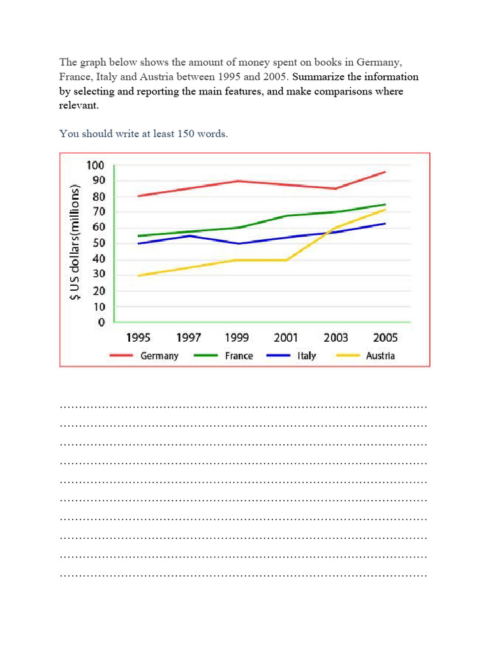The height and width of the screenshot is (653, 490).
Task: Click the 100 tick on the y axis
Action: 94,165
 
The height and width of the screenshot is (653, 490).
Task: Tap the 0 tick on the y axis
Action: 101,323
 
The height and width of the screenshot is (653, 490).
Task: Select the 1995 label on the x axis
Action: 138,338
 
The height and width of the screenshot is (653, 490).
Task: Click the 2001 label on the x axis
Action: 286,338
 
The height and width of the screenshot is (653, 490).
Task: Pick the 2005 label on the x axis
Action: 385,338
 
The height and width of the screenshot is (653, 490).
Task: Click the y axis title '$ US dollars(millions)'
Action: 76,243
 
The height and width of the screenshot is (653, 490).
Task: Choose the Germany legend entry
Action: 159,356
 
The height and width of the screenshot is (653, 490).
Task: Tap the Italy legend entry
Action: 306,356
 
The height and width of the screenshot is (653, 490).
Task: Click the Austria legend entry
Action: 380,356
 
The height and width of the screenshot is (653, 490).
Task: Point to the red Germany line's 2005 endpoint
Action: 385,172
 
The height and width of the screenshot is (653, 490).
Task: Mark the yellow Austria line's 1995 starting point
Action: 138,275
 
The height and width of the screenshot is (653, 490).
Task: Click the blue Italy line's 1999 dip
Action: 237,244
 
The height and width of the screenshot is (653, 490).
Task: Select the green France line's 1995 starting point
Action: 138,236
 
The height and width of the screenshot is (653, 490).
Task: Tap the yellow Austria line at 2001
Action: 286,260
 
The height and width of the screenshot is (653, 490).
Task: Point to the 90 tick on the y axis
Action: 97,180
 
